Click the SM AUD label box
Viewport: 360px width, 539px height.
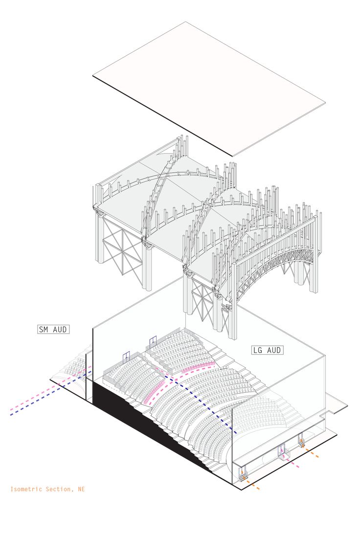click(x=53, y=329)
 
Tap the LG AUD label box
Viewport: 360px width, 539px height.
click(x=268, y=350)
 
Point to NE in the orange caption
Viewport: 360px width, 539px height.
click(x=80, y=489)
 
